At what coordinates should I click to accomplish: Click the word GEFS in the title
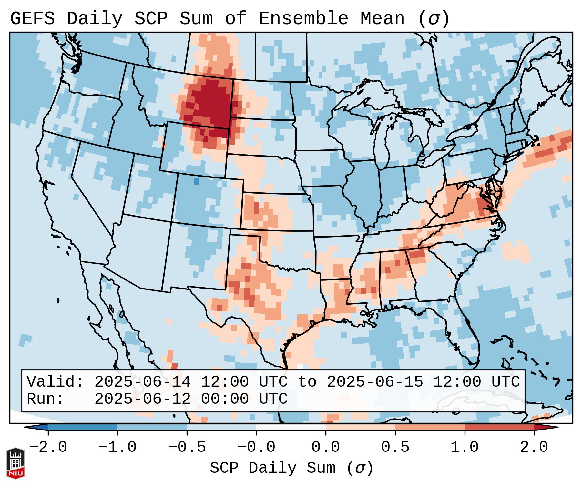pos(32,18)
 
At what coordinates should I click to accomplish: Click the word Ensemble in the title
pos(303,18)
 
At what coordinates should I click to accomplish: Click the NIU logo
pos(15,463)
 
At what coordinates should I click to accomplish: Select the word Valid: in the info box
pos(55,382)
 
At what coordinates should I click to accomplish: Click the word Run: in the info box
pos(46,399)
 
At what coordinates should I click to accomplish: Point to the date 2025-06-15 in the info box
pos(375,382)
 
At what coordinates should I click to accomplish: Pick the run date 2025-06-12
pos(142,399)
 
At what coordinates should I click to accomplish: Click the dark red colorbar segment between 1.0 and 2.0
pos(499,427)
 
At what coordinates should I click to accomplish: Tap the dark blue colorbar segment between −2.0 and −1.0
pos(83,427)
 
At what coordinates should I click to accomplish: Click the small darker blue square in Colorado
pos(196,181)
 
